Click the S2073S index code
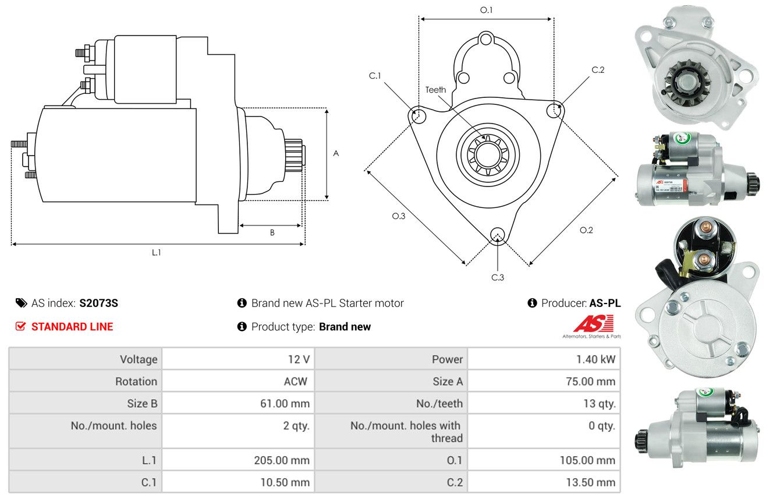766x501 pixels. coord(98,303)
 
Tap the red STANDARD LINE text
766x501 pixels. coord(72,327)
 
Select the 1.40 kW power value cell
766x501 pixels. coord(595,359)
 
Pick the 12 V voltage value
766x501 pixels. coord(299,359)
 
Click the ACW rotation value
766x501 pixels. coord(296,381)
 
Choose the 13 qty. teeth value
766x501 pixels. coord(600,404)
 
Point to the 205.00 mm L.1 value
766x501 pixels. coord(282,460)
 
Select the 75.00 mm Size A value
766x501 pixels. coord(591,381)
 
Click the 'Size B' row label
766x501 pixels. coord(142,404)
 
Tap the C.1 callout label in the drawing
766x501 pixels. coord(375,76)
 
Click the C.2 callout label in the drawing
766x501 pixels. coord(598,70)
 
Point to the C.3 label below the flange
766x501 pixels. coord(498,277)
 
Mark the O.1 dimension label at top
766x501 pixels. coord(486,10)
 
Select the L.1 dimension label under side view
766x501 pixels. coord(156,253)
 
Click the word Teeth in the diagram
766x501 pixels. coord(435,90)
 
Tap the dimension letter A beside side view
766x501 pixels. coord(336,153)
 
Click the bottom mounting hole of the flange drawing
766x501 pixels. coord(498,235)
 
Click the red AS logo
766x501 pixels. coord(593,324)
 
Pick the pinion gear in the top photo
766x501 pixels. coord(687,83)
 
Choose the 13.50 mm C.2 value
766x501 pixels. coord(591,482)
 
